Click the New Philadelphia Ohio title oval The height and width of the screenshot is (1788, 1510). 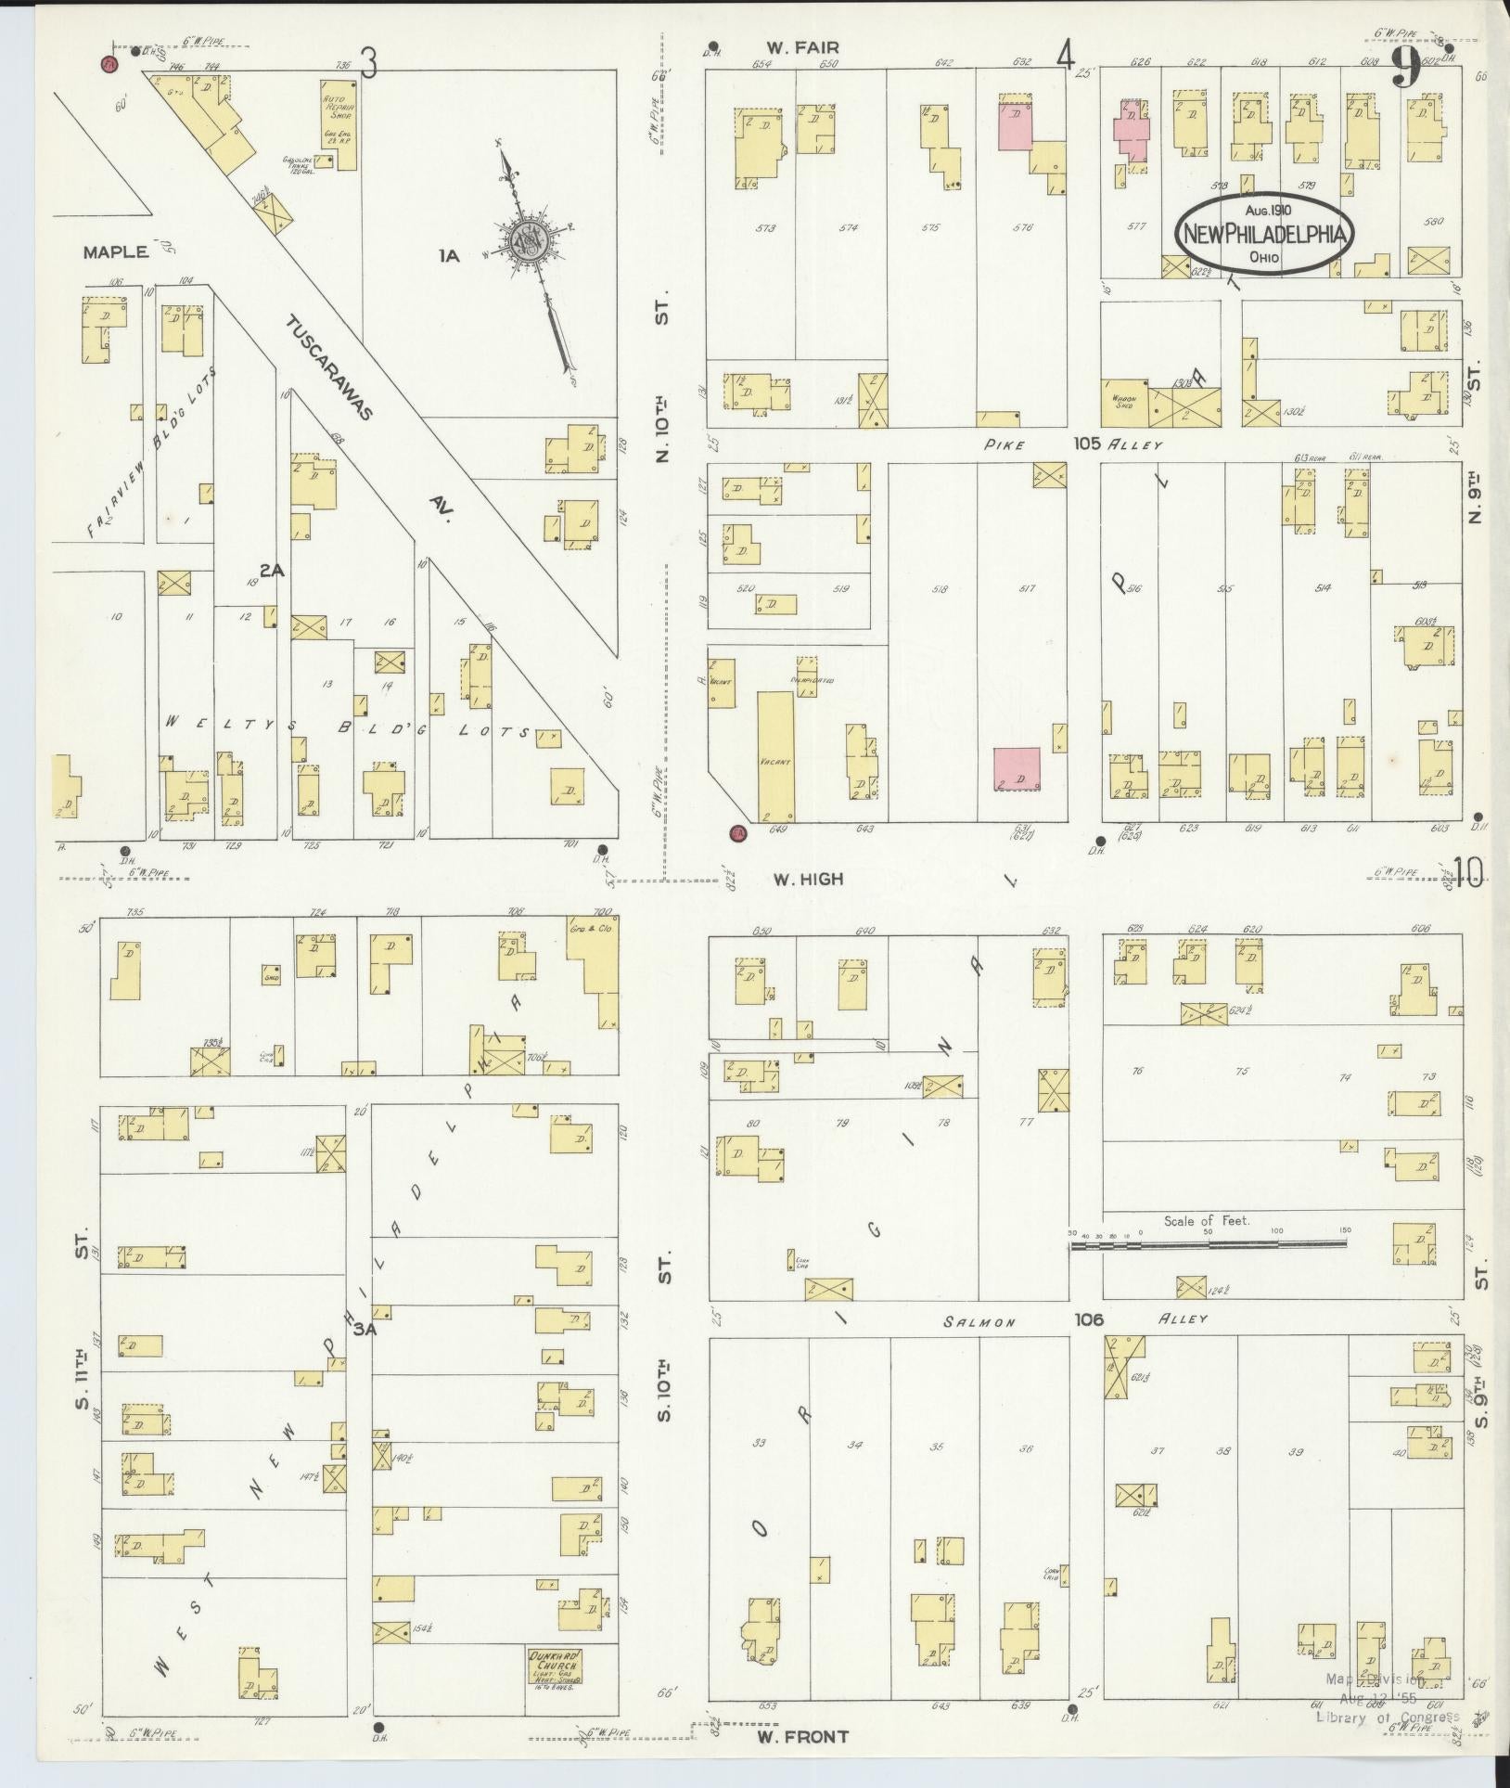(x=1264, y=234)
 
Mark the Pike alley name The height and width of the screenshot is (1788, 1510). (x=1006, y=444)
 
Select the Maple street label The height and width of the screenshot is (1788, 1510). (x=115, y=251)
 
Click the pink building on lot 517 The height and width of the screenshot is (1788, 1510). (x=1017, y=769)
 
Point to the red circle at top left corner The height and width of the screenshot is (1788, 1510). (x=109, y=64)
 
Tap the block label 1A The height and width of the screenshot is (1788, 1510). (x=450, y=255)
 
